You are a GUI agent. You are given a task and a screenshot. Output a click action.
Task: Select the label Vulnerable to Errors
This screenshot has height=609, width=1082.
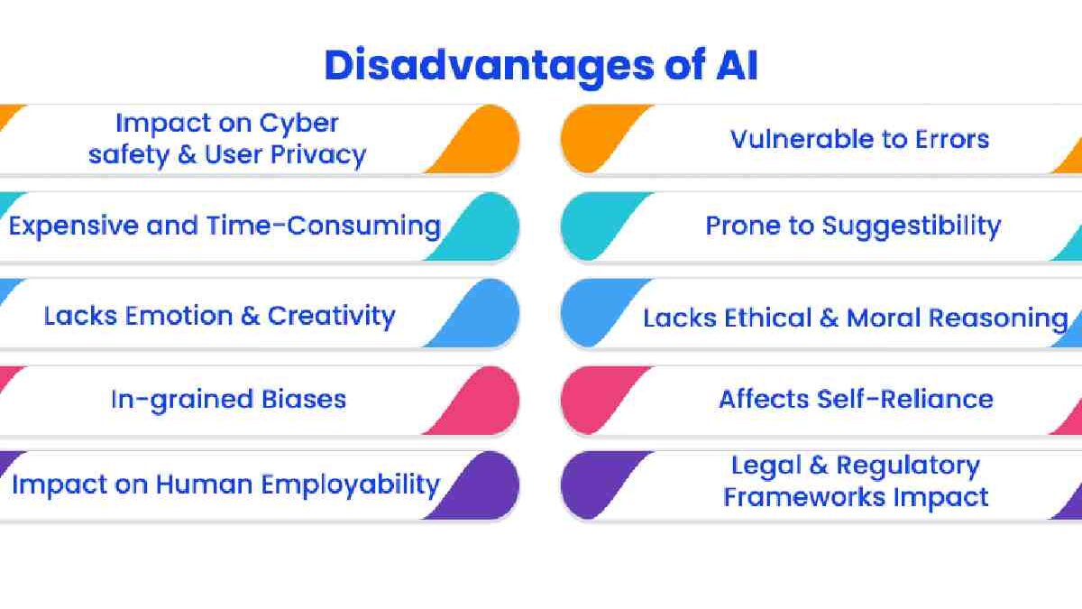pos(859,139)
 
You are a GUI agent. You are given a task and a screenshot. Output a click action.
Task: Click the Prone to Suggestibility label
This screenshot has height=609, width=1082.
pos(853,226)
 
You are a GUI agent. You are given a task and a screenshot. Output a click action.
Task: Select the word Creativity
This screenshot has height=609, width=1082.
pos(331,316)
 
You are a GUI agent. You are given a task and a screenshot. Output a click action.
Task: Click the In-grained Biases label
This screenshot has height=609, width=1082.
pos(228,399)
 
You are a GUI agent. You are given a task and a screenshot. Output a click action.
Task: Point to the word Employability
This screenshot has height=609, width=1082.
pos(350,484)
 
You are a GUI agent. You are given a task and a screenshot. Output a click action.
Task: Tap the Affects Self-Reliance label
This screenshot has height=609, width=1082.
pos(856,399)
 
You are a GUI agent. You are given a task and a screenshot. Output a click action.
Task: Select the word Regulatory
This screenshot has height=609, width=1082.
pos(907,466)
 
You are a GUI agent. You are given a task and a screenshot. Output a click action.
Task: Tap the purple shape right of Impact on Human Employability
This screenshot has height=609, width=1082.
pos(482,485)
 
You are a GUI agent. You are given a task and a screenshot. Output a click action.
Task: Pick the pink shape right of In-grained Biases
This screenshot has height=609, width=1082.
pos(482,400)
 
